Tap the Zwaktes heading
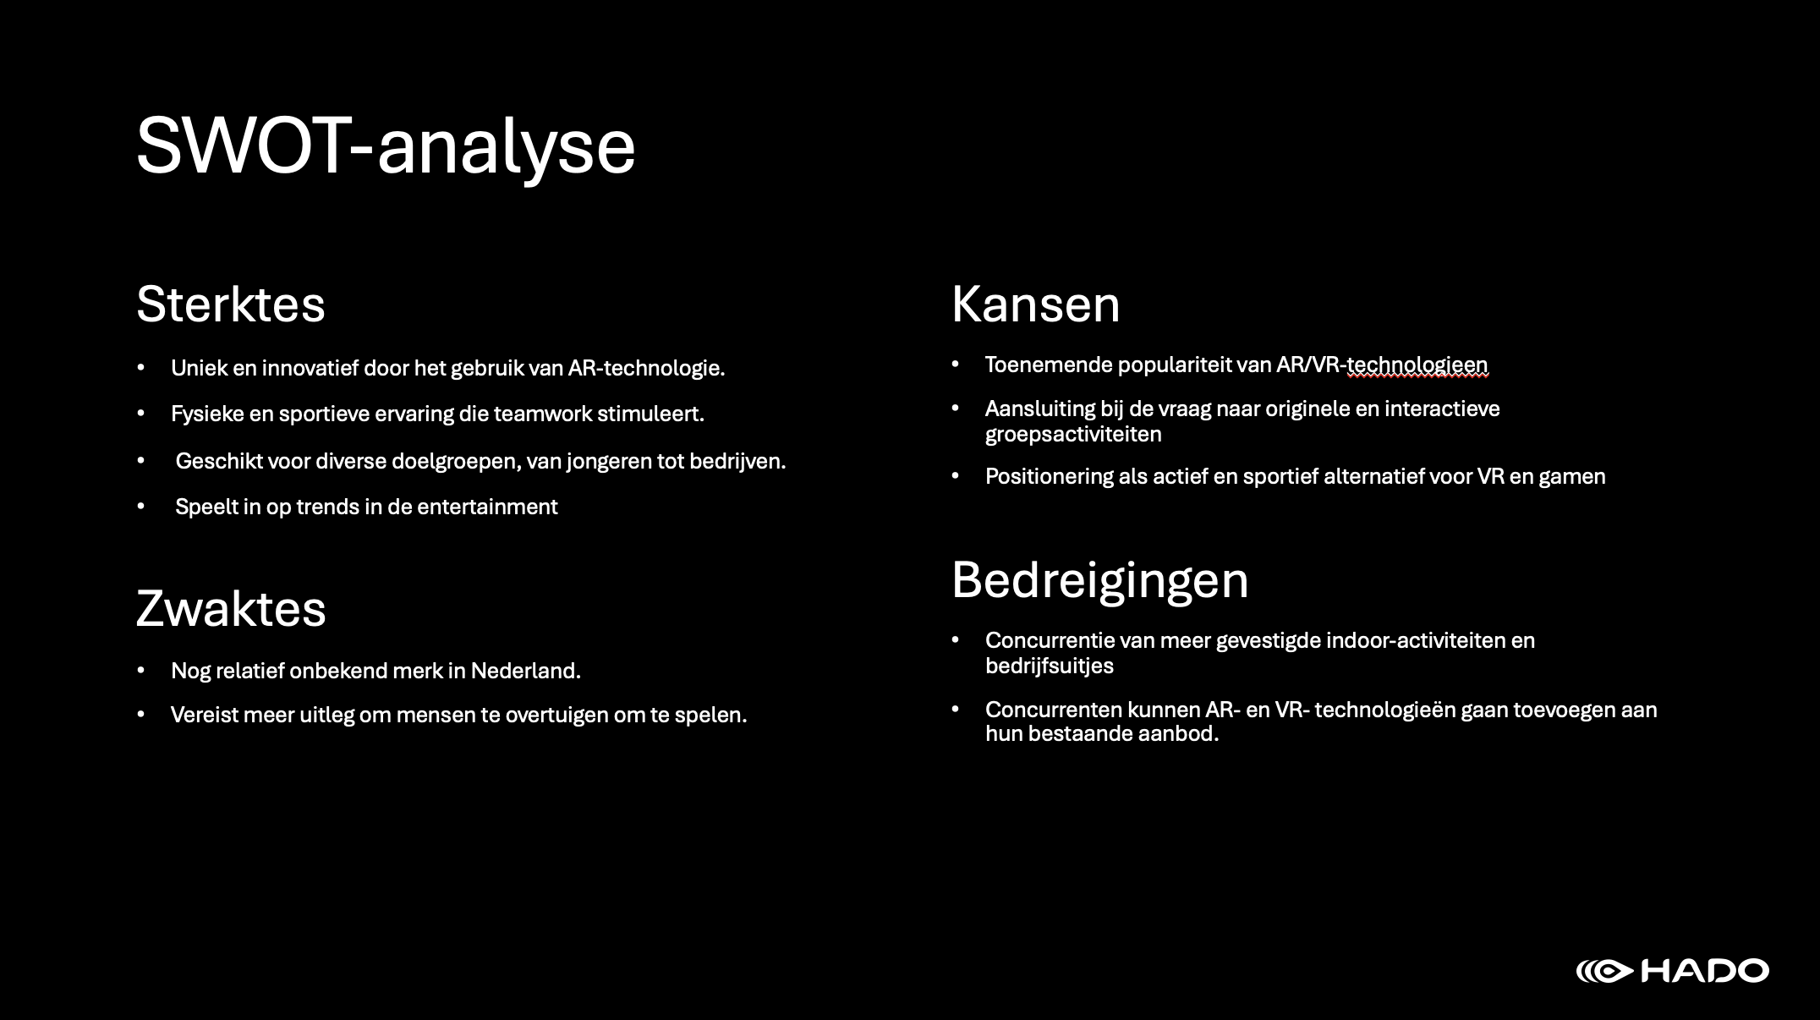point(231,609)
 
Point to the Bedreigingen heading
point(1099,581)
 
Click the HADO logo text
point(1705,971)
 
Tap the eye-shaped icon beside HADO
point(1606,971)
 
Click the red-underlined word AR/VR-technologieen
point(1382,365)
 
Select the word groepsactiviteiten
point(1073,435)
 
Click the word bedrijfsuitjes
point(1050,666)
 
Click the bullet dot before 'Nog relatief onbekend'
point(141,671)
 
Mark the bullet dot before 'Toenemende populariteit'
point(956,365)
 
